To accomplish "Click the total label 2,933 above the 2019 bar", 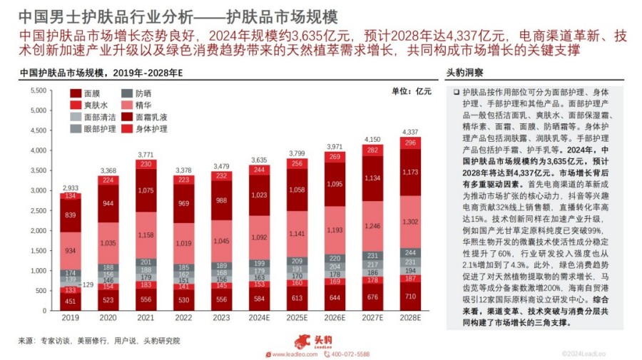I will click(69, 186).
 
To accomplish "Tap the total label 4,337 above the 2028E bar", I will click(410, 132).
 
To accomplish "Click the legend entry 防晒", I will click(142, 93).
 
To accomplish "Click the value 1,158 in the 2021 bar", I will click(146, 234).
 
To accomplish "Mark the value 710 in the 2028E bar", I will click(410, 296).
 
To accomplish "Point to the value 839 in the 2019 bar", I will click(69, 215).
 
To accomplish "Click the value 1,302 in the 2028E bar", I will click(410, 222).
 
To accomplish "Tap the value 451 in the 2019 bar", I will click(69, 302).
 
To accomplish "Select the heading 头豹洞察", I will click(465, 73).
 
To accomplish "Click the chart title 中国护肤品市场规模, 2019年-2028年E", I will click(101, 73).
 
